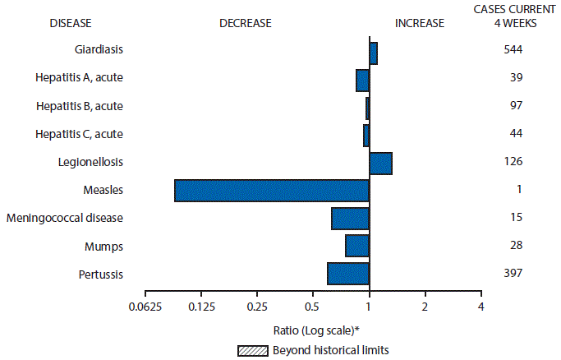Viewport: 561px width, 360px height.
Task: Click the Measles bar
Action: pos(272,190)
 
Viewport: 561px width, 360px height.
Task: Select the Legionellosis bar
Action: pos(380,163)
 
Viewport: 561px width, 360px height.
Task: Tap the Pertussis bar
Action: pos(348,273)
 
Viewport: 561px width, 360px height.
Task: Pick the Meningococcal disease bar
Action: pos(350,218)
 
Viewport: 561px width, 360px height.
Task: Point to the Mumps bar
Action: pos(357,246)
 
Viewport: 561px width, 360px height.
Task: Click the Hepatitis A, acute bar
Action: pos(362,80)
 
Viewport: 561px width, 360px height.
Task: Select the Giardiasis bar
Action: pos(373,53)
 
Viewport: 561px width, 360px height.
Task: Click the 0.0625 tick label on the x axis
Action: pos(145,307)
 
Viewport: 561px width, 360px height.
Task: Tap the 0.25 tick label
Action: pos(257,307)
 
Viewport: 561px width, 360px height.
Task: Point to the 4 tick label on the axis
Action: pos(481,307)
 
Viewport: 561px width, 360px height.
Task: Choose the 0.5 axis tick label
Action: pos(313,307)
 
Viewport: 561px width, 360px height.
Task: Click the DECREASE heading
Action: pos(245,23)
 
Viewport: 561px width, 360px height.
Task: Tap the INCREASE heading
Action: pos(419,23)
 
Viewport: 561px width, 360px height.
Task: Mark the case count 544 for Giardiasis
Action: pos(513,49)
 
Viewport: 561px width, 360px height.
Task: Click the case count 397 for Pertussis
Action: pos(513,273)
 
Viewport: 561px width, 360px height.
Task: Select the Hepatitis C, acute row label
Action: pos(80,133)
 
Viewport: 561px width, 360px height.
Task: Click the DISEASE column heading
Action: pos(63,23)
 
